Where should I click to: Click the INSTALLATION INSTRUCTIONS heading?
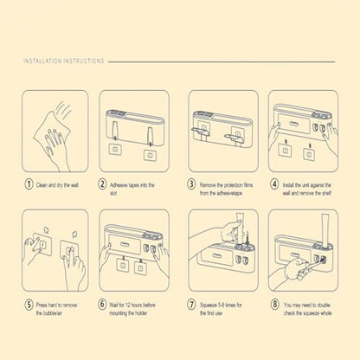pyautogui.click(x=64, y=61)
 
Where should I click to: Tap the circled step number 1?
pyautogui.click(x=29, y=184)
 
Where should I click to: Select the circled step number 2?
pyautogui.click(x=102, y=184)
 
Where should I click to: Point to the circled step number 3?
pyautogui.click(x=191, y=184)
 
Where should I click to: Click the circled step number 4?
pyautogui.click(x=274, y=184)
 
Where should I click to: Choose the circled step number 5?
pyautogui.click(x=29, y=305)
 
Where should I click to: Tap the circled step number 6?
pyautogui.click(x=102, y=305)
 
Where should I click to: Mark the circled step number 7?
pyautogui.click(x=191, y=305)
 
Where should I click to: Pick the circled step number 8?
pyautogui.click(x=274, y=305)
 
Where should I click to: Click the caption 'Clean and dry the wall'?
pyautogui.click(x=57, y=185)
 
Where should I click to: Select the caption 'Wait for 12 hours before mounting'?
pyautogui.click(x=132, y=309)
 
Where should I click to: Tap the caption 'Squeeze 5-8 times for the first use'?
pyautogui.click(x=221, y=309)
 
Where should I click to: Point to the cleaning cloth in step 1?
pyautogui.click(x=51, y=131)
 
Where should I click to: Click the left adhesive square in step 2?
pyautogui.click(x=116, y=151)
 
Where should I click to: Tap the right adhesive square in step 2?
pyautogui.click(x=151, y=155)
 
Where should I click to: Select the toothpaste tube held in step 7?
pyautogui.click(x=240, y=227)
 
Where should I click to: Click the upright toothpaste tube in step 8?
pyautogui.click(x=325, y=229)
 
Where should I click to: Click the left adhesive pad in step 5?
pyautogui.click(x=42, y=244)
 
